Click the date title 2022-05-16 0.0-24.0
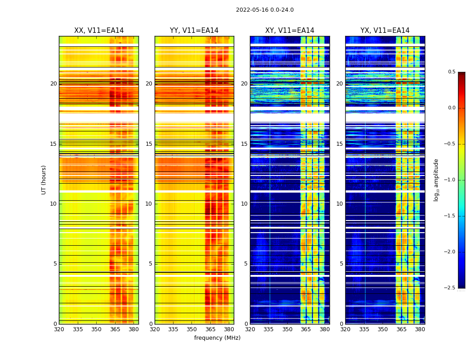pyautogui.click(x=265, y=10)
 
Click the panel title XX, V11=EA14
pyautogui.click(x=99, y=31)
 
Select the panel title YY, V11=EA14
pyautogui.click(x=194, y=31)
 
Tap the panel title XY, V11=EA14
pyautogui.click(x=289, y=31)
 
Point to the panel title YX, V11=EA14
pyautogui.click(x=385, y=31)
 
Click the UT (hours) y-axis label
pyautogui.click(x=44, y=180)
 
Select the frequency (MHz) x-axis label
pyautogui.click(x=217, y=338)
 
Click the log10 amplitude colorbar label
pyautogui.click(x=436, y=180)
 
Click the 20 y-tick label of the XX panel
pyautogui.click(x=53, y=84)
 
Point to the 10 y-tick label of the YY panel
pyautogui.click(x=149, y=204)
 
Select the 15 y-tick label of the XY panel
pyautogui.click(x=244, y=144)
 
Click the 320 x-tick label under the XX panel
pyautogui.click(x=59, y=330)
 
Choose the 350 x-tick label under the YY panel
pyautogui.click(x=192, y=330)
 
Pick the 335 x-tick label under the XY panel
pyautogui.click(x=268, y=330)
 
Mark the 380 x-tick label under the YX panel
pyautogui.click(x=420, y=330)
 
